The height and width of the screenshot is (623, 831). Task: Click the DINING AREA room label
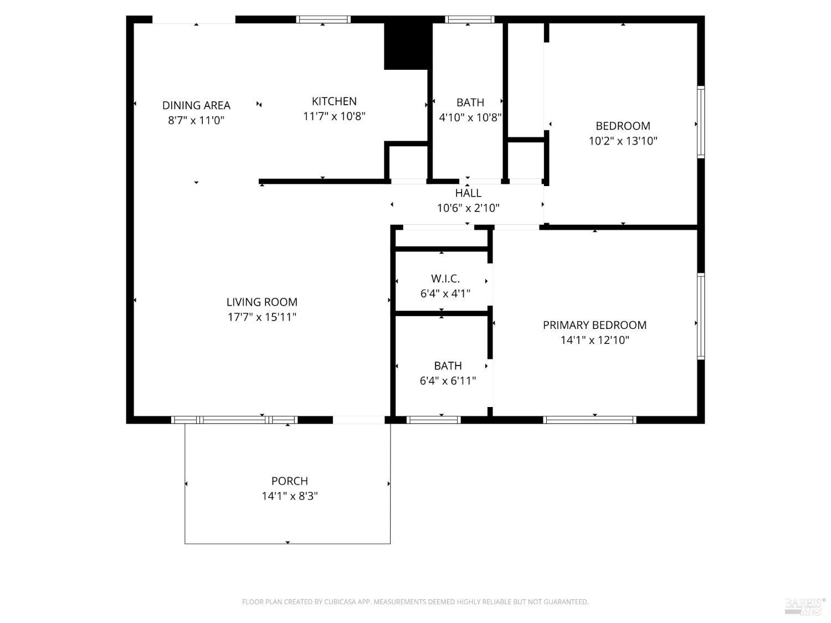point(196,105)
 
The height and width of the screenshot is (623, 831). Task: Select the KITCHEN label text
point(334,101)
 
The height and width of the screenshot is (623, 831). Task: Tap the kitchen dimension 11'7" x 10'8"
point(334,116)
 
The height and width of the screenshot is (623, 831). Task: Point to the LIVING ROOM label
point(261,302)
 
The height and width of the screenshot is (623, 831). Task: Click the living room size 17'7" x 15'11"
point(261,317)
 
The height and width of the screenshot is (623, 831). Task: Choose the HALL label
point(468,193)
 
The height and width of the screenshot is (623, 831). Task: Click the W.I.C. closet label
point(445,279)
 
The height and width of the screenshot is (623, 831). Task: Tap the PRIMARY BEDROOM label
point(594,325)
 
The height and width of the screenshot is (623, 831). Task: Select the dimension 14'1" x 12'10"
point(594,340)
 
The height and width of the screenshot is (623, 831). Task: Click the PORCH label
point(289,481)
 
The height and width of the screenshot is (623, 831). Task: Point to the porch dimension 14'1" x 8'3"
point(289,496)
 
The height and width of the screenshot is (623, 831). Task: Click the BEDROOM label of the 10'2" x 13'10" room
point(623,126)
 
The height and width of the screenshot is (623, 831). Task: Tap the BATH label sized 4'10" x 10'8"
point(470,102)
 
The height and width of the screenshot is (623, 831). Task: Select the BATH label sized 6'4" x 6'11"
point(448,366)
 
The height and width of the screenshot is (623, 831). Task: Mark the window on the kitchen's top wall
point(324,19)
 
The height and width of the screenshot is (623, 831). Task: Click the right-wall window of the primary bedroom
point(701,316)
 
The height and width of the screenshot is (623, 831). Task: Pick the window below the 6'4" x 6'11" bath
point(434,420)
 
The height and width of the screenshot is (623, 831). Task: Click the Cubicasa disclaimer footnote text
point(415,602)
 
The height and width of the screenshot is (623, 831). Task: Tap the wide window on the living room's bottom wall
point(234,420)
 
